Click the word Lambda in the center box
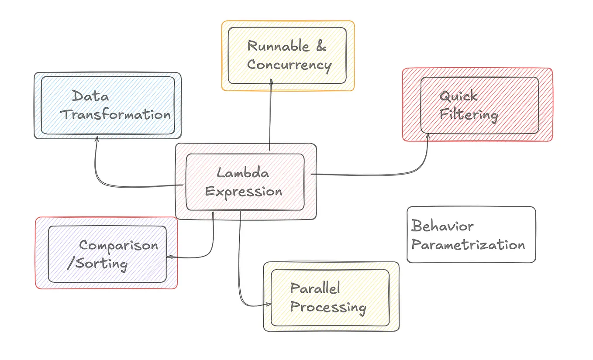coord(243,173)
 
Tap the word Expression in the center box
coord(244,192)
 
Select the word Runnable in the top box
coord(278,46)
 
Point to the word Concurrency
coord(289,65)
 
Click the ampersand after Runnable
coord(321,46)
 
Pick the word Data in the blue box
coord(90,96)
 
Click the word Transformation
coord(115,115)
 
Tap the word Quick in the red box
coord(459,96)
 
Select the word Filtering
coord(469,115)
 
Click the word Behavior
coord(442,226)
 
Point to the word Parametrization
coord(468,245)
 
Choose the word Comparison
coord(118,245)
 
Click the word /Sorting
coord(97,264)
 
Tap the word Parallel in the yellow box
coord(315,288)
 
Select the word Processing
coord(328,307)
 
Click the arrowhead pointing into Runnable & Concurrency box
coord(271,82)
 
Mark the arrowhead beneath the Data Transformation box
coord(96,139)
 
